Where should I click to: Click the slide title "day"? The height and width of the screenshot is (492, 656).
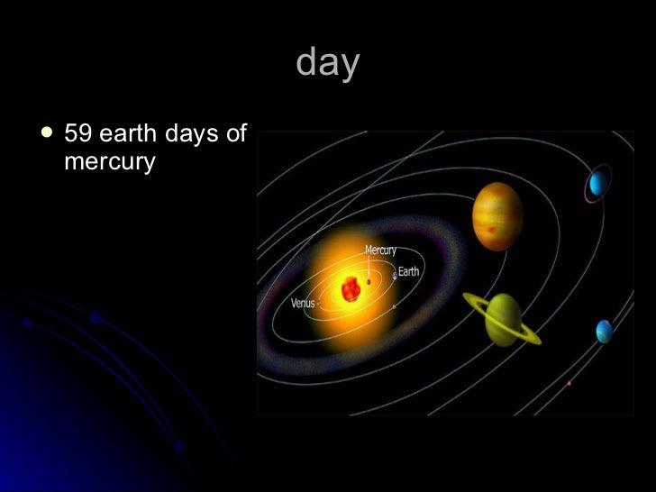click(x=327, y=63)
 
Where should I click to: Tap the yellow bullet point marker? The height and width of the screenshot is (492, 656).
click(x=47, y=133)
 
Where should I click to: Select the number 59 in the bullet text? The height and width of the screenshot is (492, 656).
click(x=78, y=134)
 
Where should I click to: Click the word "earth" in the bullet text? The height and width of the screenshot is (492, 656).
click(x=128, y=134)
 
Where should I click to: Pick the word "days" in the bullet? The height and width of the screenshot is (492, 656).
click(x=191, y=135)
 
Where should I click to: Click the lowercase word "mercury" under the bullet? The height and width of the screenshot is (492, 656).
click(x=110, y=162)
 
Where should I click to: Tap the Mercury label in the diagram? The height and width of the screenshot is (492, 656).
click(x=380, y=250)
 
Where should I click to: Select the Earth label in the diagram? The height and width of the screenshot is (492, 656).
click(x=408, y=271)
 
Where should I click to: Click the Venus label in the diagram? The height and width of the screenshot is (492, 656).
click(x=303, y=304)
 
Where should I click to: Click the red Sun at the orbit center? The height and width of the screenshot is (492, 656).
click(x=351, y=289)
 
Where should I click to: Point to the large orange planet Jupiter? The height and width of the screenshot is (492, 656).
click(x=497, y=215)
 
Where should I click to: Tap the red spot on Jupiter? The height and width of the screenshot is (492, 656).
click(x=491, y=232)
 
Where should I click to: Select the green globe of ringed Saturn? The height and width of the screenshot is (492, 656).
click(x=504, y=320)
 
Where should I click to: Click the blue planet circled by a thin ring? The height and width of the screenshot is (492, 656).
click(x=597, y=185)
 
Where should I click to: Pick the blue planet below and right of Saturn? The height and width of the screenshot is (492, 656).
click(x=604, y=332)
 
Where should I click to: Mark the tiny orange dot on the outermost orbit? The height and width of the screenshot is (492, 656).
click(x=569, y=384)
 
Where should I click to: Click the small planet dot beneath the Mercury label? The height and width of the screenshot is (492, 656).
click(x=369, y=281)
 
